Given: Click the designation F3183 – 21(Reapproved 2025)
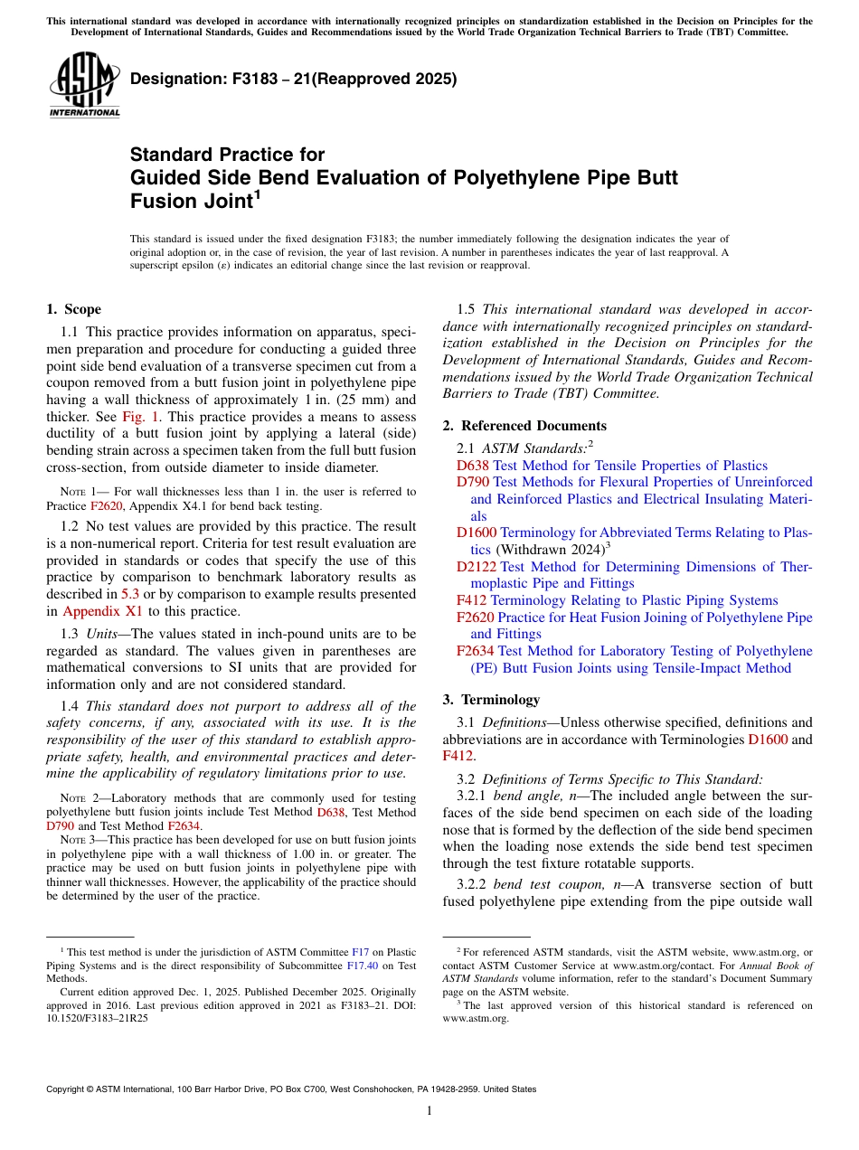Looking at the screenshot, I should (294, 79).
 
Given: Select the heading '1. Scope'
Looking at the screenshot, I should (73, 309).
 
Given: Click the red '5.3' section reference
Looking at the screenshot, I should (130, 594).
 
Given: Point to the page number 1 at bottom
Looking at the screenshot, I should (429, 1111).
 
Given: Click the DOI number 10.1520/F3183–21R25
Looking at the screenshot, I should (98, 1017).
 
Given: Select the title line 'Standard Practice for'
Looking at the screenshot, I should (227, 155).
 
